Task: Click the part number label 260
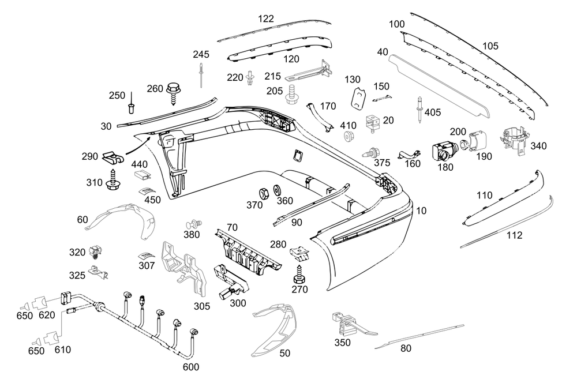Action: pos(155,88)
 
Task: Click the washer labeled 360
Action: pos(276,190)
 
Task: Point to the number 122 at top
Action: pos(266,18)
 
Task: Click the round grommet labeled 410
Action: pos(348,137)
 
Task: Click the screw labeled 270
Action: pos(300,272)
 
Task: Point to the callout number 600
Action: pos(192,367)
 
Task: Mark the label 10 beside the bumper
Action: pos(421,211)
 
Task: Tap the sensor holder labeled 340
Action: pos(513,141)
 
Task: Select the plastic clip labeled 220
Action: pos(250,78)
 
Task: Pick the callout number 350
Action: pos(342,342)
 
